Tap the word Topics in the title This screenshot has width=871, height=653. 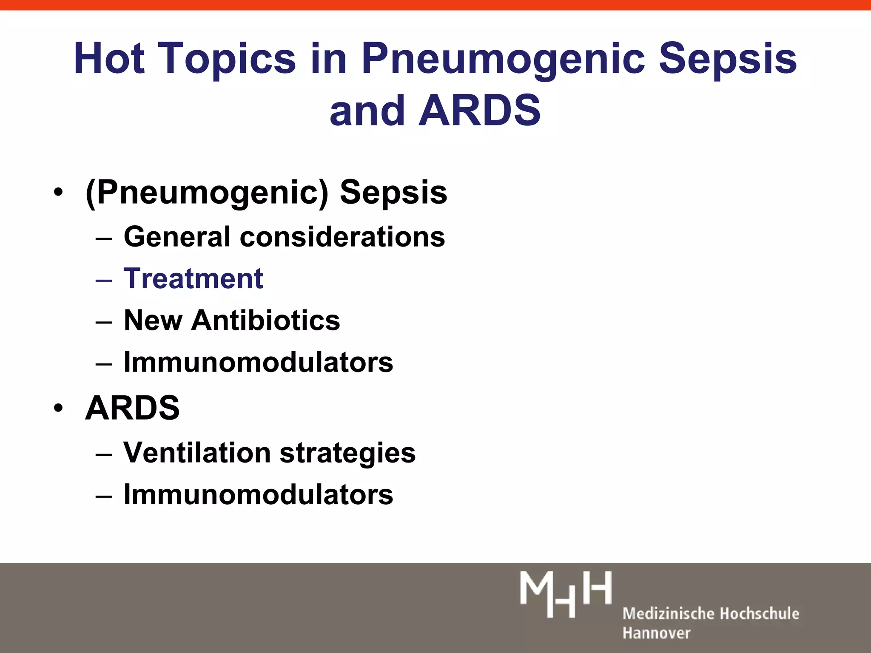tap(229, 58)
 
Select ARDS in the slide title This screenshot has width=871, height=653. tap(479, 110)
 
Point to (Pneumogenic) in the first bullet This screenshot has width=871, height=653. tap(207, 193)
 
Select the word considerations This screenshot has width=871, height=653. tap(342, 236)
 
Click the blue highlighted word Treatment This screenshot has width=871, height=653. tap(194, 278)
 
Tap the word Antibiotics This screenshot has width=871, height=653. tap(266, 320)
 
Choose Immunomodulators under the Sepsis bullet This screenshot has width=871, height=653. tap(258, 362)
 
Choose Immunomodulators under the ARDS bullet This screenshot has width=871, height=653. tap(258, 494)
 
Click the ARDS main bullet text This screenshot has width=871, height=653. tap(132, 408)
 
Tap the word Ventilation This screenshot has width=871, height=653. tap(197, 452)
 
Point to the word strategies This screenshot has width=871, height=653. tap(347, 452)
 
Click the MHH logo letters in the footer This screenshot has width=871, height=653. tap(566, 594)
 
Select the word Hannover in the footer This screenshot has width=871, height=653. tap(656, 633)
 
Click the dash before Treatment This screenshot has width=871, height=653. tap(104, 280)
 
